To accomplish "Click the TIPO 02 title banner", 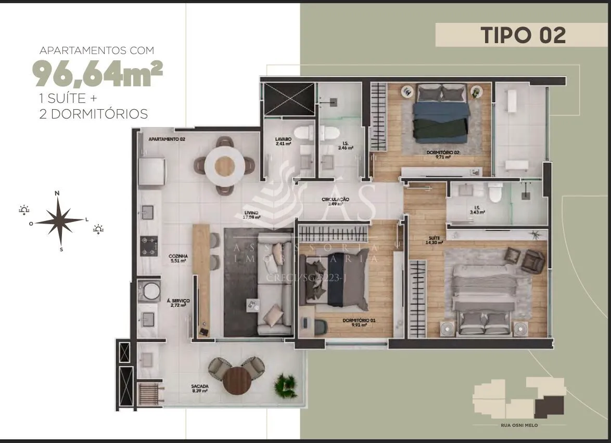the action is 523,35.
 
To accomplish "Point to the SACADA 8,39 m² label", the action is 200,388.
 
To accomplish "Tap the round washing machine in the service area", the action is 151,291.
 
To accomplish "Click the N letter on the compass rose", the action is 57,193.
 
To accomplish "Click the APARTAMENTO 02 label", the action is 167,139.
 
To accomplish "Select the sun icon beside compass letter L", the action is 98,229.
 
